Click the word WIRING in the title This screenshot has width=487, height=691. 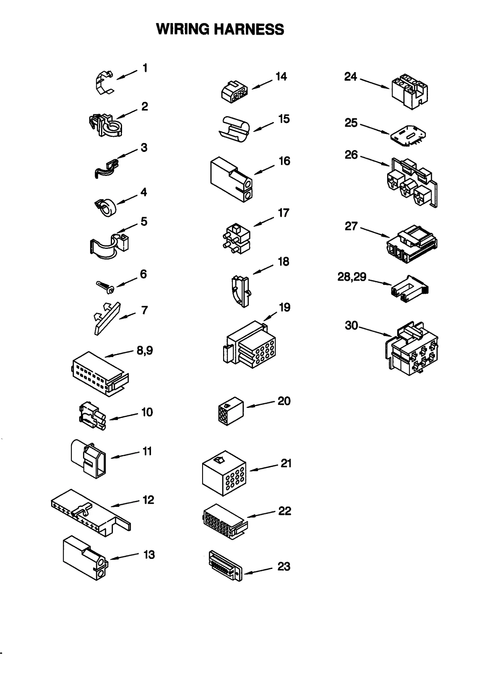tap(183, 30)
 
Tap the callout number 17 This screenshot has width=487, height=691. tap(283, 213)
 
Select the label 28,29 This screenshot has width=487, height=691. tap(352, 277)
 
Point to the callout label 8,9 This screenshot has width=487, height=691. tap(145, 350)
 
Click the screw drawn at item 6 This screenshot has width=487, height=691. tap(105, 287)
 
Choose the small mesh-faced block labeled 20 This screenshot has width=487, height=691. tap(231, 411)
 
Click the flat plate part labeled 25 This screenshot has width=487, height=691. tap(408, 135)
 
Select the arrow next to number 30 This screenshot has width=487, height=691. tap(375, 331)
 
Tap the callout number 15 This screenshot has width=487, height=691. tap(284, 119)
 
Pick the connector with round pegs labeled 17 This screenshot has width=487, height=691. tap(236, 239)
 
